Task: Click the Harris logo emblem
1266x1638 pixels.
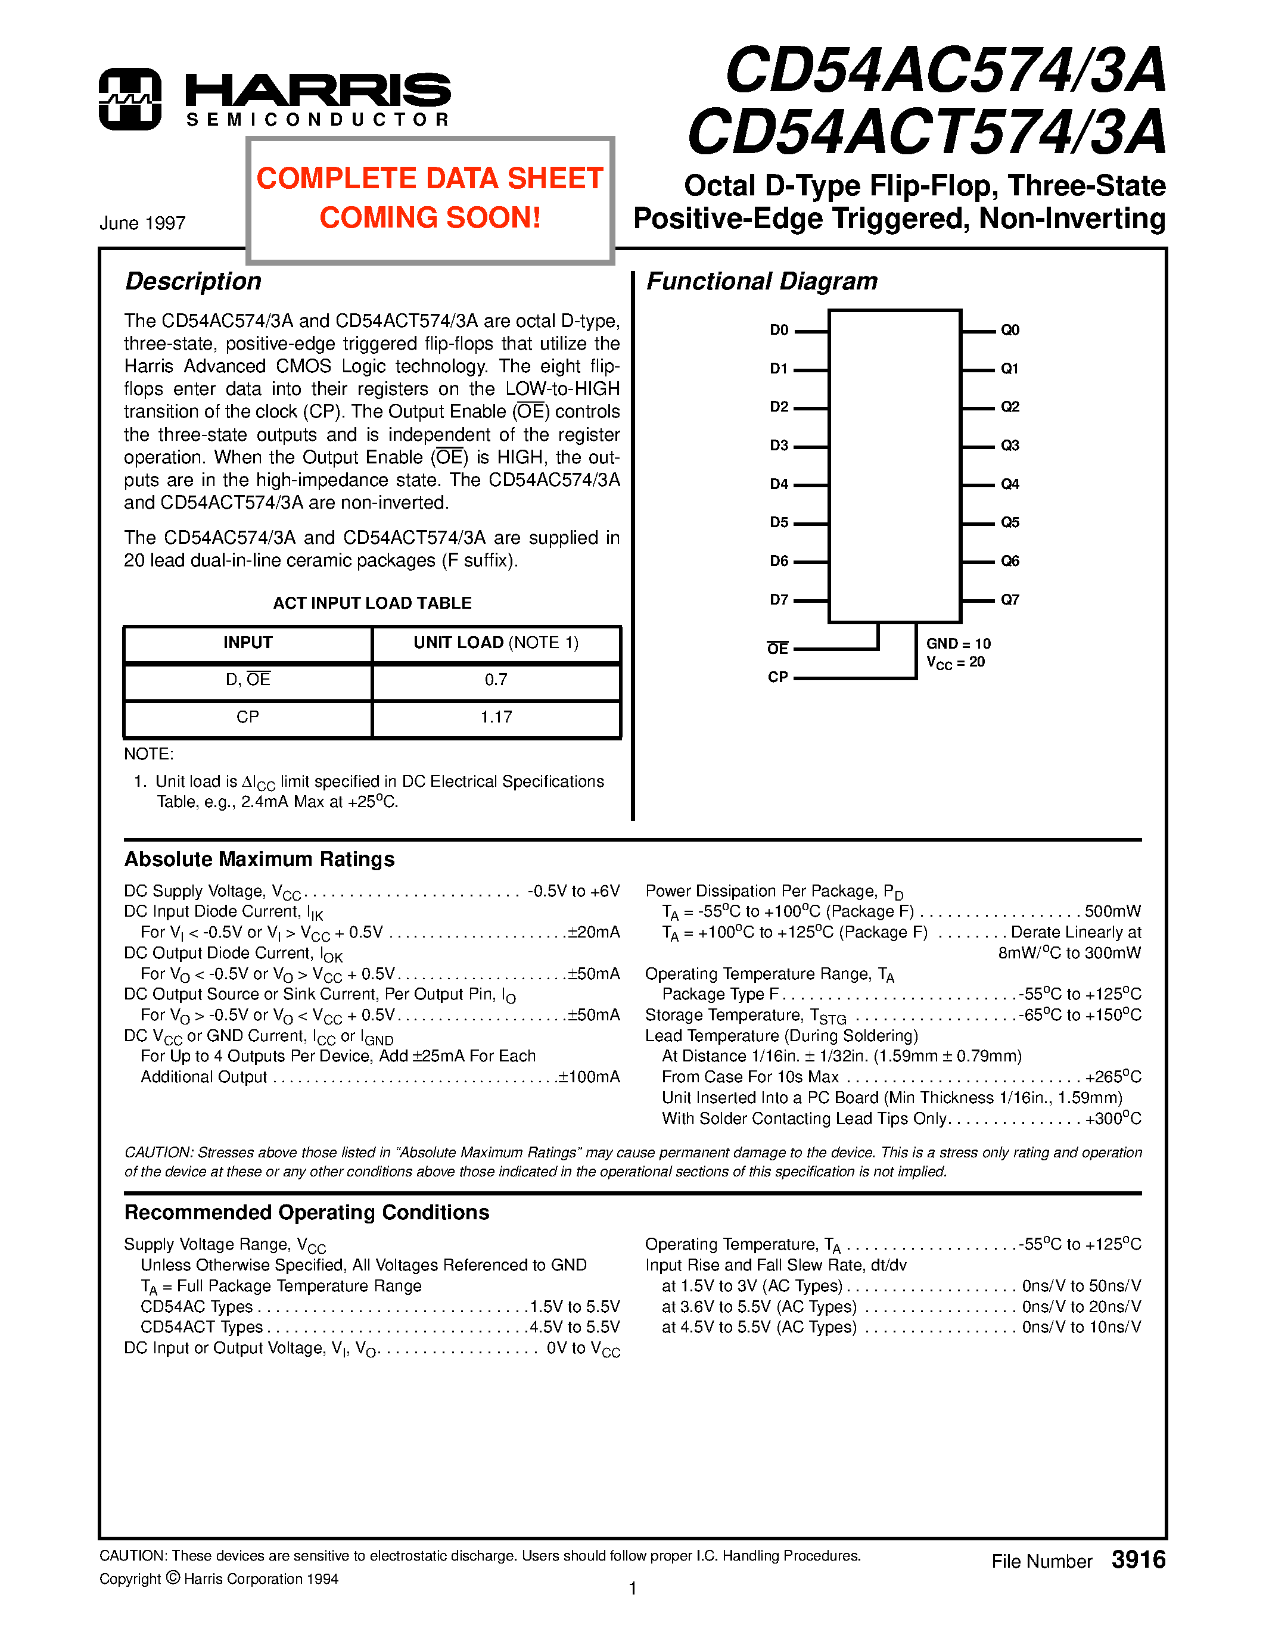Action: pos(130,99)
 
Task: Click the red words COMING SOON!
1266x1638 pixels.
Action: pos(430,218)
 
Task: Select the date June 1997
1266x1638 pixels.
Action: pos(142,223)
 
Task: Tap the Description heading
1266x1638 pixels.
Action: pos(193,281)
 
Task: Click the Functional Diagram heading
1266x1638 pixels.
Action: pos(761,281)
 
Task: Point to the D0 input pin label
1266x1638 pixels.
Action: pos(779,330)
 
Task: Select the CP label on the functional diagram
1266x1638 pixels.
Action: pos(777,677)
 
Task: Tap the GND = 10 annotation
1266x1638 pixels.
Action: pos(958,643)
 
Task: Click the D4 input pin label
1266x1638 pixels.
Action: pos(779,484)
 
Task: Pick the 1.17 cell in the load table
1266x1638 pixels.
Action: pos(496,718)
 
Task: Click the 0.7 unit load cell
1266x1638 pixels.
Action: pos(496,680)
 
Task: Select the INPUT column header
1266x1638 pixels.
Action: pos(247,643)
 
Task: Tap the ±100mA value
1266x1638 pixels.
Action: pos(589,1078)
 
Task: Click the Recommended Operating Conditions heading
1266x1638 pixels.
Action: pos(306,1213)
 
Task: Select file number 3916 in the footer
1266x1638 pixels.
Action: pos(1138,1560)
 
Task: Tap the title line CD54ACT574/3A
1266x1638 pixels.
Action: pos(926,133)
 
